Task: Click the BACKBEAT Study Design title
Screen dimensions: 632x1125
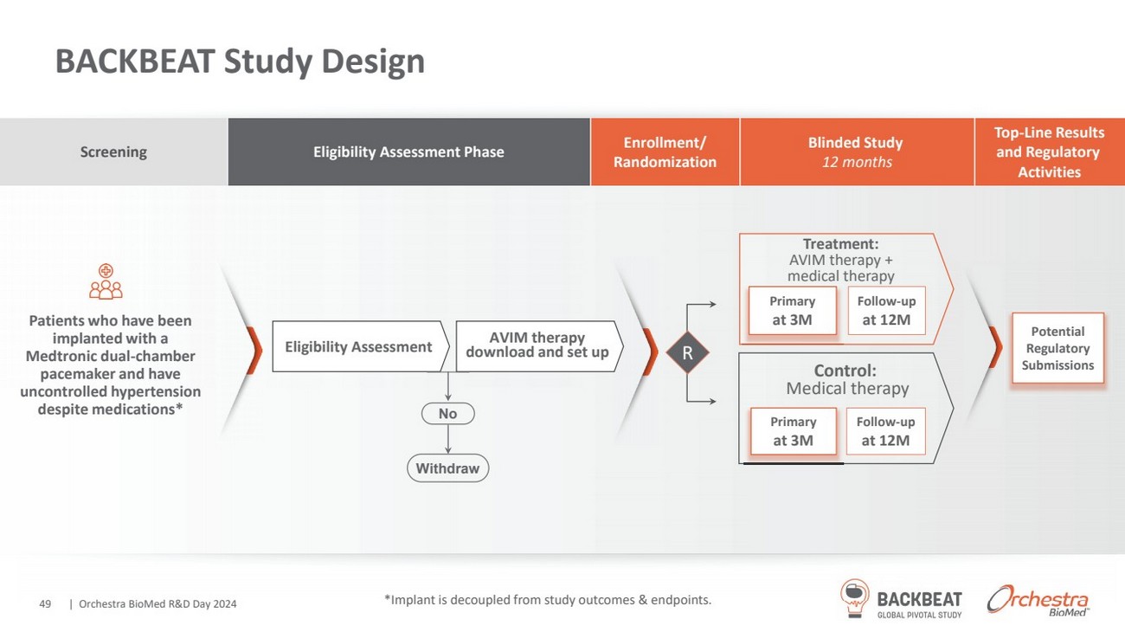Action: (240, 61)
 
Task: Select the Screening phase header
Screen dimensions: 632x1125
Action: (113, 152)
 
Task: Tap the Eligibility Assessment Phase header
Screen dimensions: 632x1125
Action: (408, 152)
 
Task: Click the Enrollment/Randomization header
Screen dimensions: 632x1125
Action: (665, 152)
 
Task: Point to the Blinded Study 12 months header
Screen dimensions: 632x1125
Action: (856, 152)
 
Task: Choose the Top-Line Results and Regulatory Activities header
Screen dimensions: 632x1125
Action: (1049, 152)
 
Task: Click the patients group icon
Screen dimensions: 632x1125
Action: (106, 282)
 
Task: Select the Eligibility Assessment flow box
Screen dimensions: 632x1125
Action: (358, 347)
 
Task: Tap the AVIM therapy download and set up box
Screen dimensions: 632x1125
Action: (537, 345)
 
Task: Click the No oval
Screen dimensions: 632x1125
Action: (447, 414)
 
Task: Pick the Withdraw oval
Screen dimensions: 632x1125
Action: (447, 468)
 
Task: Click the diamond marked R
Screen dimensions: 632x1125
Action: (687, 353)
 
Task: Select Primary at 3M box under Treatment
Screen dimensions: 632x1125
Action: (793, 312)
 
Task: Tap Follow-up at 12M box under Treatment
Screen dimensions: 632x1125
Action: (886, 312)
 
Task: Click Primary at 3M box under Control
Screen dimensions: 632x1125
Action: (793, 431)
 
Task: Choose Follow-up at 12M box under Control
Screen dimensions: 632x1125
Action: (885, 431)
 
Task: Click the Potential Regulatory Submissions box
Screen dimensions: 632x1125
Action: (1057, 348)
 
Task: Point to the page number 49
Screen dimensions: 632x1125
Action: (46, 603)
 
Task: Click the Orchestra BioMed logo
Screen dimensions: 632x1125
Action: (1038, 599)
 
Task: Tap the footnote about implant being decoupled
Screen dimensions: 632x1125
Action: (547, 599)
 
